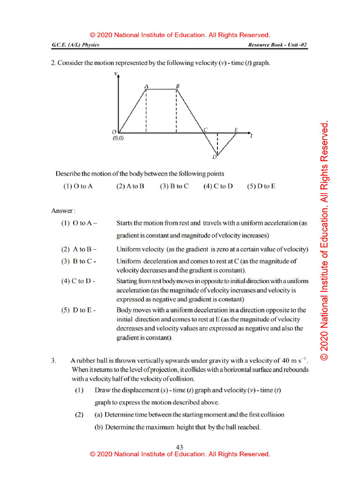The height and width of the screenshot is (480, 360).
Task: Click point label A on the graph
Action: coord(147,86)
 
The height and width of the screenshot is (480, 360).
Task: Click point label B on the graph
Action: coord(177,86)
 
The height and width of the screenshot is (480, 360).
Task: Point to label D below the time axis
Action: coord(214,157)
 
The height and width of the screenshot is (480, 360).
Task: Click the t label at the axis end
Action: coord(252,136)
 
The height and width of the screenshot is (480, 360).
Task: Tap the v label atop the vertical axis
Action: coord(116,75)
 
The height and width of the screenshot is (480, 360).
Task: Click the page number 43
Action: coord(180,448)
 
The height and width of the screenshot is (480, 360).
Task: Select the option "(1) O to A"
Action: coord(78,186)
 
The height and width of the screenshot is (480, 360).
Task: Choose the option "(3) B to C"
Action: coord(174,186)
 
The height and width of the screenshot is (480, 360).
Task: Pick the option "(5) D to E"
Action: coord(261,186)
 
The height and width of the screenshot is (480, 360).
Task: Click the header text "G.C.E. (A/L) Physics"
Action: coord(75,45)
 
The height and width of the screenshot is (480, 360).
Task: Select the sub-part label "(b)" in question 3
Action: coord(99,427)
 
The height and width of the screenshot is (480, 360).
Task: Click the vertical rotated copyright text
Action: coord(324,241)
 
